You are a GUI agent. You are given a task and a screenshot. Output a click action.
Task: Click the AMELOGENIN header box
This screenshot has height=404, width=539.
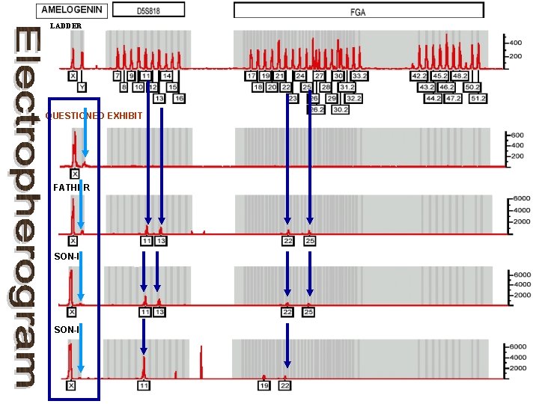click(x=73, y=10)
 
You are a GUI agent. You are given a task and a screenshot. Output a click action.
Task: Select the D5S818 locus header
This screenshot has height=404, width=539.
click(x=146, y=11)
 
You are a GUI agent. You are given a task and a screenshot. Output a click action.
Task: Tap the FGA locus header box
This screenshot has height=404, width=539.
click(x=358, y=11)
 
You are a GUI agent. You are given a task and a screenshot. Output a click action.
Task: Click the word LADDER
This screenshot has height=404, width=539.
click(x=66, y=26)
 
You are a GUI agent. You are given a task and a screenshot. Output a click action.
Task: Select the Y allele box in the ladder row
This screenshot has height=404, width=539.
click(x=82, y=87)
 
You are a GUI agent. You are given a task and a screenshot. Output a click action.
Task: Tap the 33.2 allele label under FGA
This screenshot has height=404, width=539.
click(x=359, y=76)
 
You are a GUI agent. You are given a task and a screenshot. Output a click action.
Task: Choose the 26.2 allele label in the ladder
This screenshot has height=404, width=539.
click(x=317, y=109)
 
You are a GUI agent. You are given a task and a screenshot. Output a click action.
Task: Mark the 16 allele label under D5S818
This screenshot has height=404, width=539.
click(x=179, y=98)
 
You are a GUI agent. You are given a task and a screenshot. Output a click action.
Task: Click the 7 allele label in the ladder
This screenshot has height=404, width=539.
click(x=118, y=76)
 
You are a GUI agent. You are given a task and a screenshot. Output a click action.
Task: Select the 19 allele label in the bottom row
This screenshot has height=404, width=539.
click(x=264, y=385)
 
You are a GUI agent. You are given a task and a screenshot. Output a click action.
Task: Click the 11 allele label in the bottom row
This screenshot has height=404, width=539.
click(x=144, y=385)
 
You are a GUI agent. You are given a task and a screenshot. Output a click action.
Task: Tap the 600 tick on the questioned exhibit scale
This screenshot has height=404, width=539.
click(x=516, y=135)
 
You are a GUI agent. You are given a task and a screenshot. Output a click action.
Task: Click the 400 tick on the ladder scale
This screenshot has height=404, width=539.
click(x=516, y=43)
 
